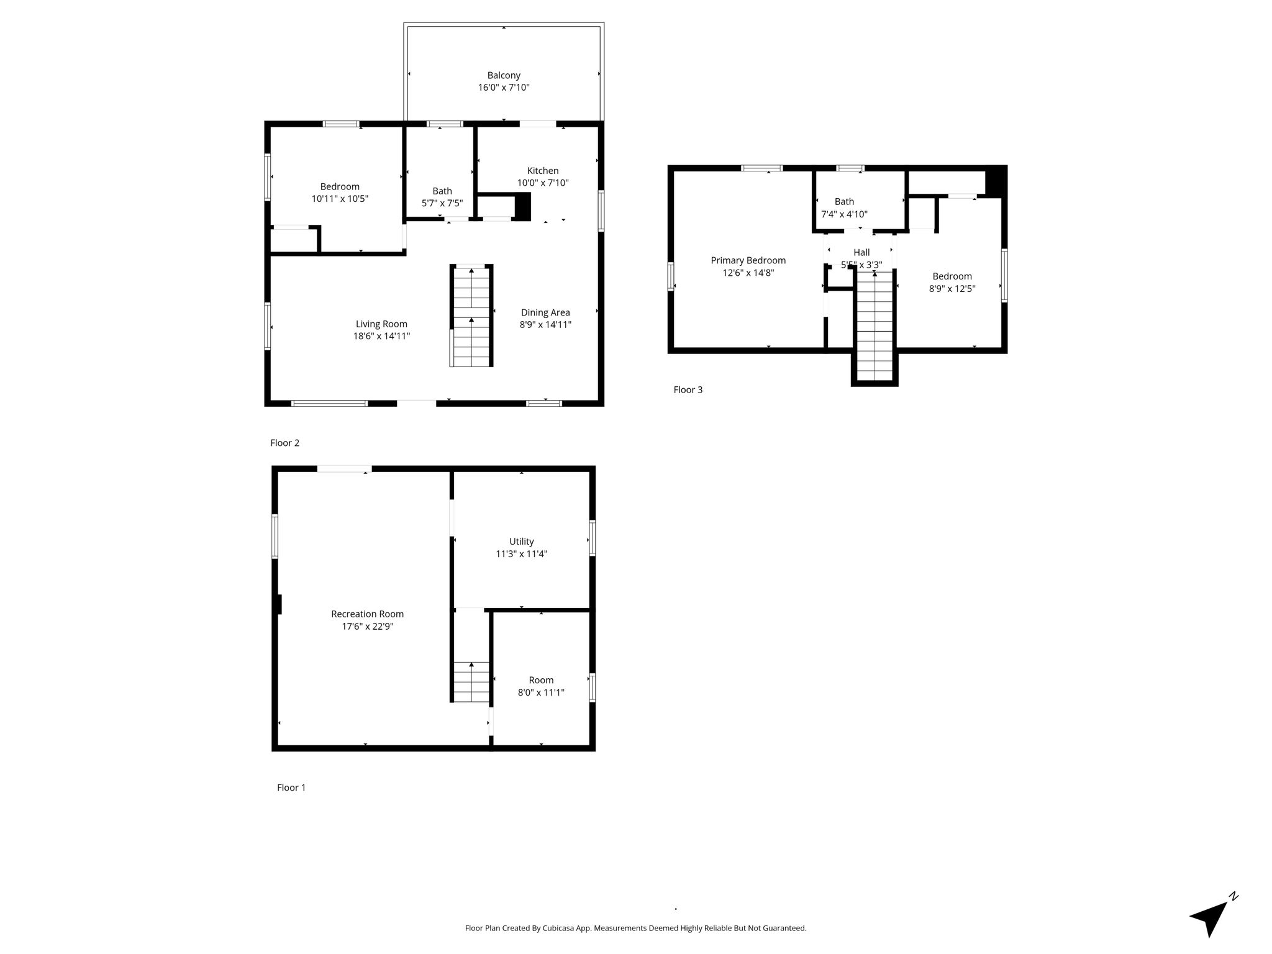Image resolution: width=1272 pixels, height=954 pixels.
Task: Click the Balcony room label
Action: pos(504,76)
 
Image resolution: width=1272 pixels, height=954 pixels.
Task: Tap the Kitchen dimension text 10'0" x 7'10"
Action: pos(543,183)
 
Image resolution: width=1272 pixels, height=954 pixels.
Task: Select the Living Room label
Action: pos(381,324)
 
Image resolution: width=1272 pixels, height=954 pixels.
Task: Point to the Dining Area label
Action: pos(545,312)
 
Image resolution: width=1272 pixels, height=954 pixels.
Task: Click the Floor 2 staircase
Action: pos(471,316)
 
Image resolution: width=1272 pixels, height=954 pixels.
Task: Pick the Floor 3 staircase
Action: pos(874,327)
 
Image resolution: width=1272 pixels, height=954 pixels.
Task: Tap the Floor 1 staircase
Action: pos(471,681)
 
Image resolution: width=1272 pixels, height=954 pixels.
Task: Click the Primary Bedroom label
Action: pos(748,261)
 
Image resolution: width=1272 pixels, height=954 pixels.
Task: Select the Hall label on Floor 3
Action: pos(861,252)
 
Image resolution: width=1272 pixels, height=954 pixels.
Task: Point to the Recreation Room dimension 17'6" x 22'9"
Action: pos(368,627)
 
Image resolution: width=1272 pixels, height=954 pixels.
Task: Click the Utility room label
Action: pos(522,542)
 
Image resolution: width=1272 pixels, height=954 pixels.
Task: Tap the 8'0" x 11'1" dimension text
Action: pos(541,693)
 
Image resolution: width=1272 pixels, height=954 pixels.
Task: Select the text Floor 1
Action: pos(291,788)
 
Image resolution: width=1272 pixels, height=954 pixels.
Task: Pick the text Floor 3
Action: pos(688,390)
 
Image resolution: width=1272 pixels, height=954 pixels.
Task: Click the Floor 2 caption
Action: pos(285,443)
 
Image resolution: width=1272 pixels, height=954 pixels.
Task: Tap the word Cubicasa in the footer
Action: pos(557,929)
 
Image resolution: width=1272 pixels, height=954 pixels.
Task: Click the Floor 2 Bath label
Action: pos(442,191)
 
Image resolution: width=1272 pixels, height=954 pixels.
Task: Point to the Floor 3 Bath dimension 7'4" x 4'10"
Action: pos(844,214)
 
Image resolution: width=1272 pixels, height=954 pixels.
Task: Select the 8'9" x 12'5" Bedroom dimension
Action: pos(952,289)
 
